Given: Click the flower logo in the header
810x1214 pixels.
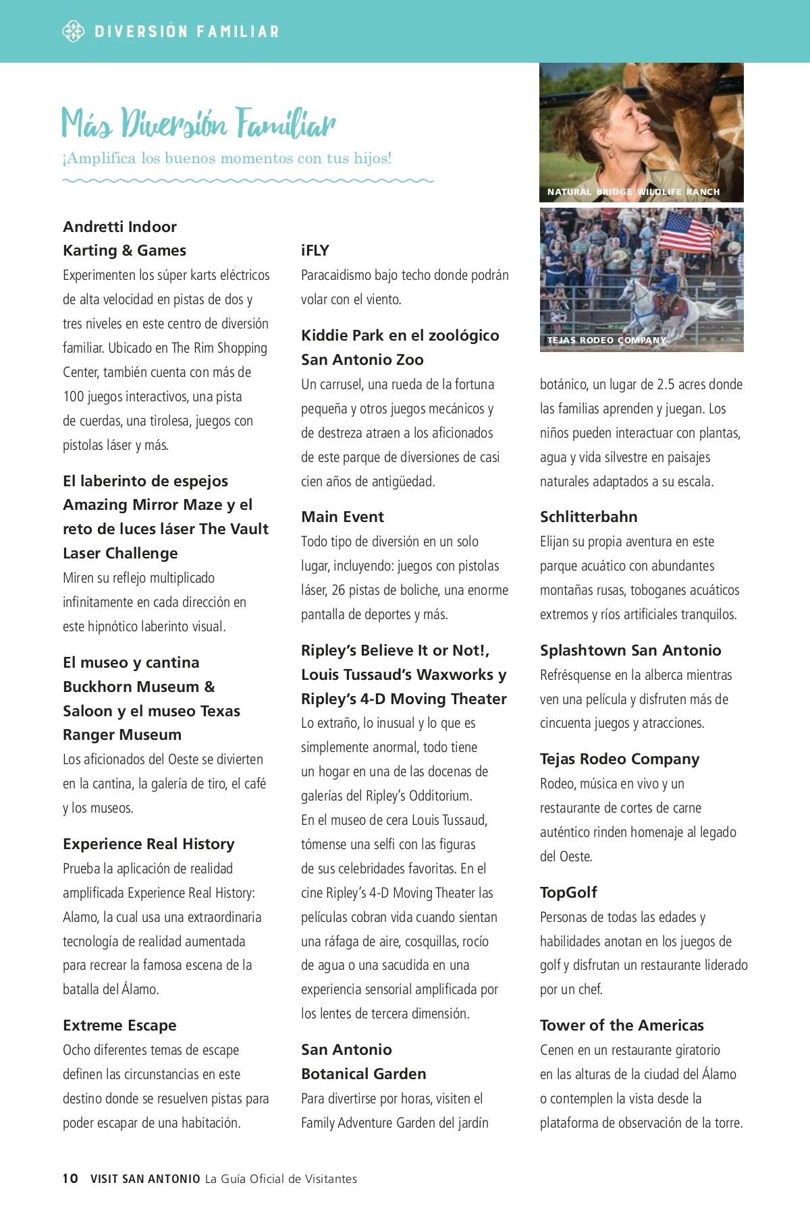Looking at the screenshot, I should (73, 31).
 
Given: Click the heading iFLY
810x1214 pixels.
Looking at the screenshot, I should (315, 250).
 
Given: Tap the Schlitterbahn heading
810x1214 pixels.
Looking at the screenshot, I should (589, 517).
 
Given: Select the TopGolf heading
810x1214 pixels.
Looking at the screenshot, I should (568, 892).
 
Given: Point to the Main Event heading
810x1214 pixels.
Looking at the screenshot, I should (342, 517).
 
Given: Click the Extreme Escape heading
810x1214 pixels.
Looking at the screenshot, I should (119, 1025).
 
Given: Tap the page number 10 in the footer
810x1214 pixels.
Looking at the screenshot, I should (70, 1178).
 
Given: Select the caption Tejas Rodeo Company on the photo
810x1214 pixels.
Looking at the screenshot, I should (606, 340).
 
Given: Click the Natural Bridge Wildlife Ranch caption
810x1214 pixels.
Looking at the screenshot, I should (633, 192).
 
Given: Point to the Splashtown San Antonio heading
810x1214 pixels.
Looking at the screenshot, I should (630, 650).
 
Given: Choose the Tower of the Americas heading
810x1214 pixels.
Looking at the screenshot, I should (622, 1025).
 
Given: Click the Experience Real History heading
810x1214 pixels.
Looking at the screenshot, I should (148, 844).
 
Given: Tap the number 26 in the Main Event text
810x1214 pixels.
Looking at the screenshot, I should (338, 590).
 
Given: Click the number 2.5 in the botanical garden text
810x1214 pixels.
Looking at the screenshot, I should (669, 384).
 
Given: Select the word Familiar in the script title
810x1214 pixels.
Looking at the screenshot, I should (286, 123).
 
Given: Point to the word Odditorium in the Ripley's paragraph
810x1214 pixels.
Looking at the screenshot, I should (439, 796).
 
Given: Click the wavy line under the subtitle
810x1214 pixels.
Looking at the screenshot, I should (248, 181).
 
